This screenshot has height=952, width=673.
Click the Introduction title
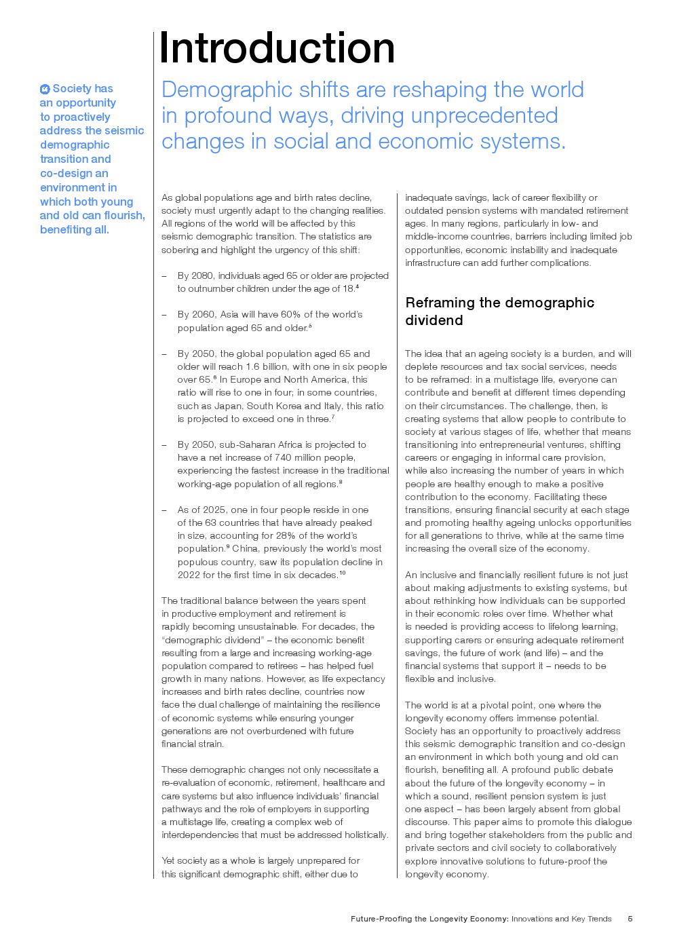tap(276, 48)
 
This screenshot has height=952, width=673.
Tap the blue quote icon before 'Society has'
tap(45, 89)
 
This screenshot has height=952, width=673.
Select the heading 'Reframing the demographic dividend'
tap(499, 311)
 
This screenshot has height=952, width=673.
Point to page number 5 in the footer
tap(630, 919)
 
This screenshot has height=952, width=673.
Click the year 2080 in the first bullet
tap(202, 275)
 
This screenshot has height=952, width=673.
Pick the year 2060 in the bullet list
tap(202, 314)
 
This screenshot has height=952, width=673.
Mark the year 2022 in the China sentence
tap(189, 575)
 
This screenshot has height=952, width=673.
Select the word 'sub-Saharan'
tap(247, 444)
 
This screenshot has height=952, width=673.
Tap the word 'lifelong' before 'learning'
tap(566, 626)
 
